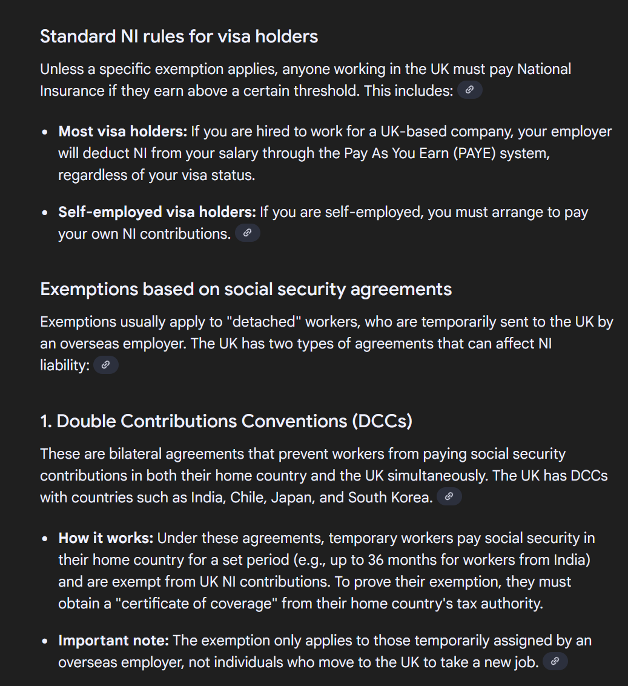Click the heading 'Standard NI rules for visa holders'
click(179, 36)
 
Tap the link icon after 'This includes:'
click(469, 90)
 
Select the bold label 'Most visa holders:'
click(123, 132)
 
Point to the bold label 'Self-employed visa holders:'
click(157, 212)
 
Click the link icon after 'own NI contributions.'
click(247, 233)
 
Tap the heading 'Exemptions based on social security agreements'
click(246, 289)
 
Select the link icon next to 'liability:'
click(105, 365)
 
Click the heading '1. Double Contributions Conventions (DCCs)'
click(226, 421)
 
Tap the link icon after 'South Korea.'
click(449, 497)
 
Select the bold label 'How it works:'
click(106, 538)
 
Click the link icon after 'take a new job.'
click(555, 662)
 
